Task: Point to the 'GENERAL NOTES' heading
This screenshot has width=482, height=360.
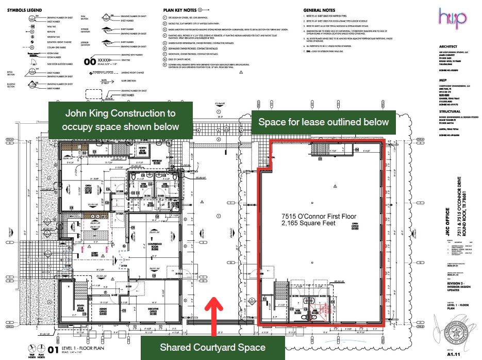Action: click(x=319, y=10)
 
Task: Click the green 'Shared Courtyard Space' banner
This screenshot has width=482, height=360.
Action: click(x=212, y=347)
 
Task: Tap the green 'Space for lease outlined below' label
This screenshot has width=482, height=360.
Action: click(x=323, y=122)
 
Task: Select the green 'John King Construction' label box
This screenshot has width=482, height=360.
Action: click(x=120, y=119)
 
